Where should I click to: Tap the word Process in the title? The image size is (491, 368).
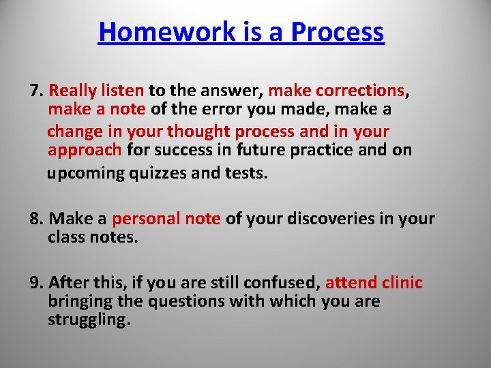[x=337, y=32]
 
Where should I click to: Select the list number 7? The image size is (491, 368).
[x=36, y=91]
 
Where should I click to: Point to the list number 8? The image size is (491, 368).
[x=36, y=219]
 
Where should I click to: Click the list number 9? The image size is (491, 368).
[x=36, y=283]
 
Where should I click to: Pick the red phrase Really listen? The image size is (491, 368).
[x=97, y=91]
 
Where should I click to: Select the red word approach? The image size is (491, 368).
[x=85, y=150]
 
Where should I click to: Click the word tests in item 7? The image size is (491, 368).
[x=246, y=173]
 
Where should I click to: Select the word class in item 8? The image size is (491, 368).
[x=65, y=237]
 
